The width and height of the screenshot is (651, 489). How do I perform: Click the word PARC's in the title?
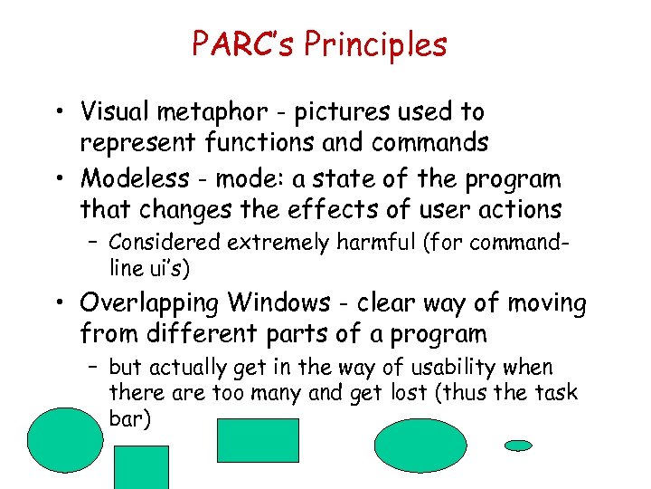[244, 43]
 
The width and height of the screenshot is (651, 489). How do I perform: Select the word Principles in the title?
[376, 43]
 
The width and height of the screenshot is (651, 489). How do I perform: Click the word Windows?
[278, 302]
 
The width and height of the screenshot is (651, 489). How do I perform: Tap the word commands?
[429, 143]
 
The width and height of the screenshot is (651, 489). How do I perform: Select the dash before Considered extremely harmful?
[94, 243]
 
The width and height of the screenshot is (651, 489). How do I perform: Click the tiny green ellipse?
[518, 446]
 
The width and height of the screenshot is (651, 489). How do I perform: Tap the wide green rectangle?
[258, 440]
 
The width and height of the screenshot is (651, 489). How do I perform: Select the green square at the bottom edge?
[141, 467]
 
